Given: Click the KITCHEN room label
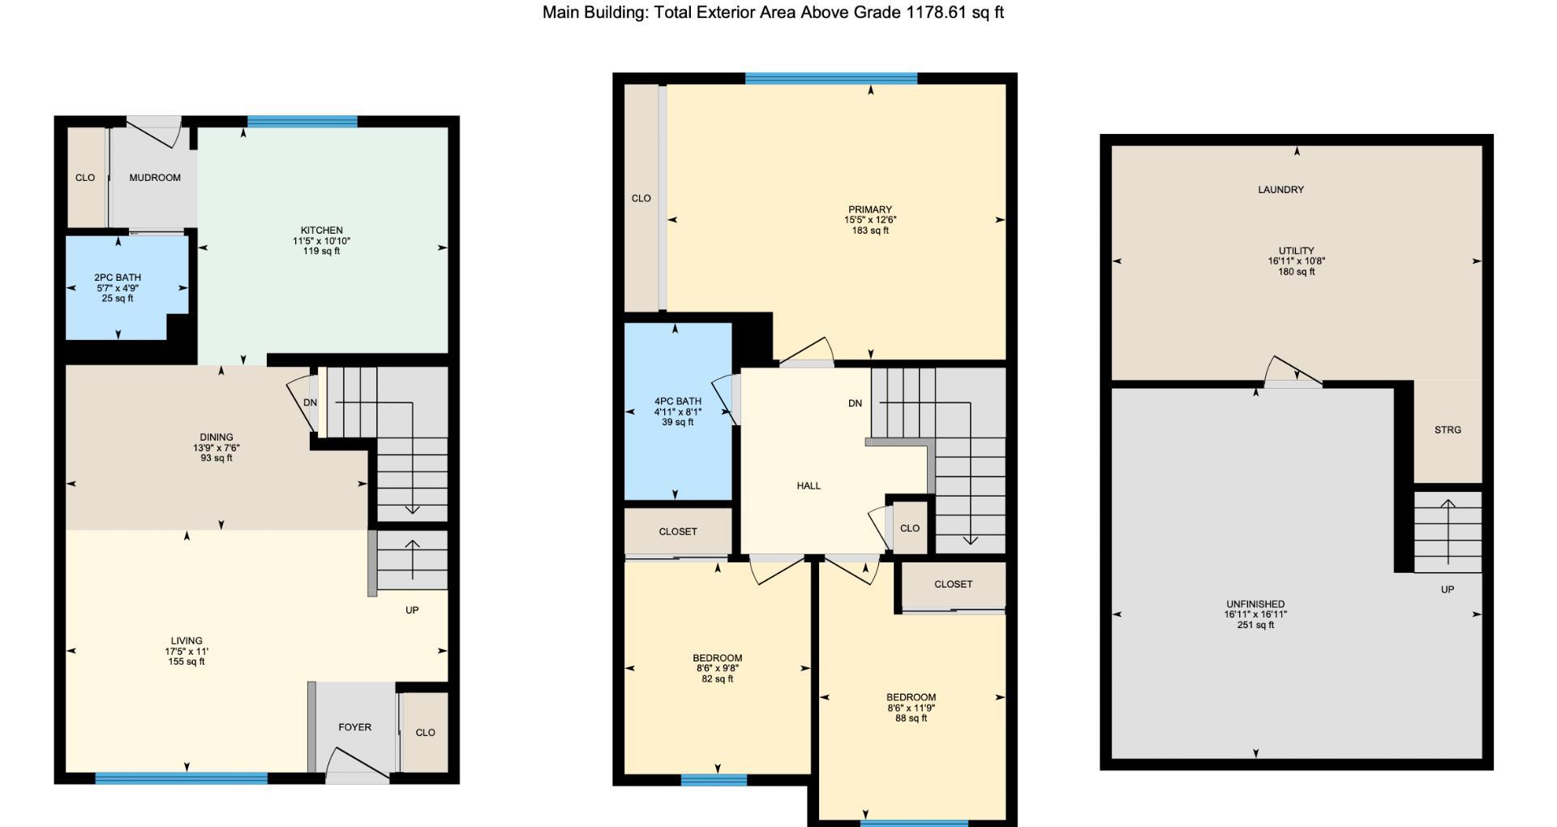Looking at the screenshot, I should [x=321, y=230].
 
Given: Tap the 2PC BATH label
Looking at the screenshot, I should [x=118, y=278].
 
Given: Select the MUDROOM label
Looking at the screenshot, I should [x=155, y=178].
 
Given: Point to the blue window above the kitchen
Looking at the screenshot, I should [x=302, y=122].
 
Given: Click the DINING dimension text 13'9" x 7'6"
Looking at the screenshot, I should [x=216, y=448].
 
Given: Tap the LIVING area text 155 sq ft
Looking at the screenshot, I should [x=187, y=661].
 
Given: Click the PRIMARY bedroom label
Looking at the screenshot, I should [x=870, y=209].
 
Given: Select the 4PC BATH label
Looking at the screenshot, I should [x=677, y=402].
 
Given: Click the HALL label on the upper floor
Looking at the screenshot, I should [x=809, y=486].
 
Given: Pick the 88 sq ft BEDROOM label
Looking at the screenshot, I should [x=911, y=697].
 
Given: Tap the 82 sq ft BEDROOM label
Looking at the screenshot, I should [x=717, y=658].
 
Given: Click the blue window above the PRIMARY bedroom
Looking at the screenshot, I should [x=830, y=79].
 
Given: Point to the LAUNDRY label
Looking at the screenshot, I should [x=1280, y=190].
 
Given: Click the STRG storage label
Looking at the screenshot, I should [x=1448, y=430].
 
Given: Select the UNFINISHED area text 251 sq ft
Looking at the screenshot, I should [x=1255, y=625].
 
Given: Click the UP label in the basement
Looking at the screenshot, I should [x=1448, y=590].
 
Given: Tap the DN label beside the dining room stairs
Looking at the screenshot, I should [x=310, y=403].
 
